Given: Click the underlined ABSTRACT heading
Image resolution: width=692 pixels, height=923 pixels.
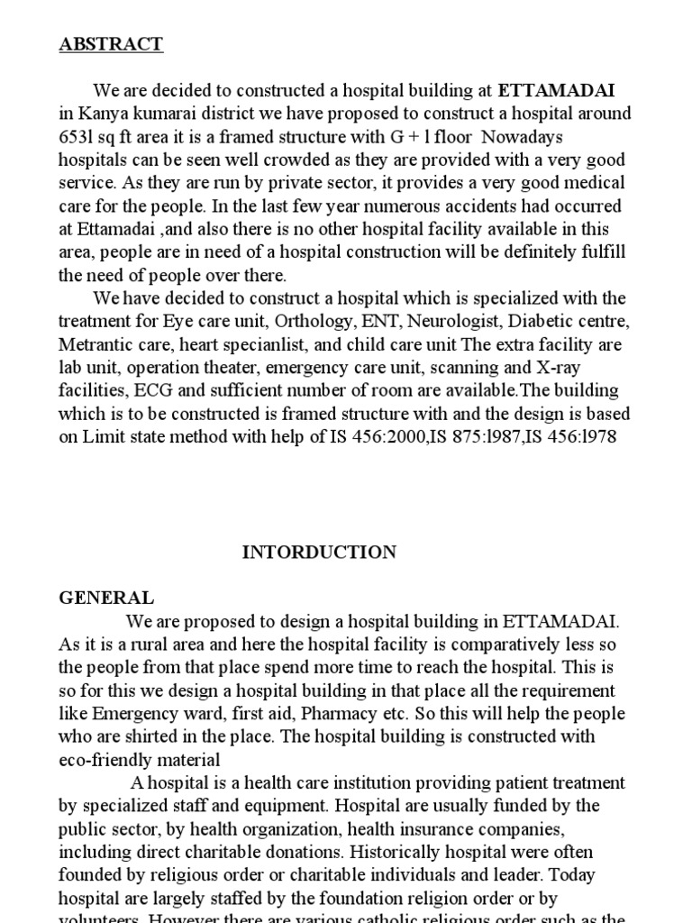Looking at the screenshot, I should point(111,43).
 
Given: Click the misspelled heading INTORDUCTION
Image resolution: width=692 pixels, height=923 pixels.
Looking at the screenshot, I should point(319,553).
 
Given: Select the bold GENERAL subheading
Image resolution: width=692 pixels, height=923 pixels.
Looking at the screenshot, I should point(106,599).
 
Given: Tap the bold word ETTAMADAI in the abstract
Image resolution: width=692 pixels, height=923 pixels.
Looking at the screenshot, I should point(557,90).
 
